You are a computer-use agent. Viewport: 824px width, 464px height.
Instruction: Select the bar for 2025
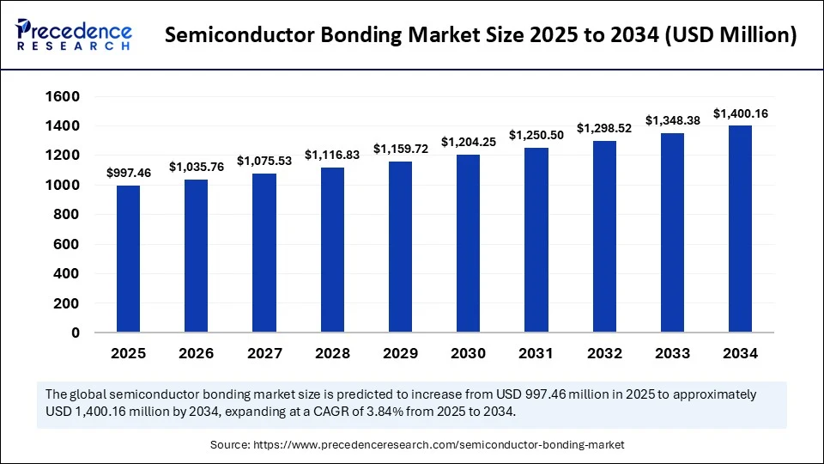(128, 259)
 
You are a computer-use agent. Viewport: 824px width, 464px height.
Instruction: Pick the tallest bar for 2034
(740, 229)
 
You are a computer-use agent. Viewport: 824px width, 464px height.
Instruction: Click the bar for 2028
(332, 250)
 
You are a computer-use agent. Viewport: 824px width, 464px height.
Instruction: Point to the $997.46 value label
(128, 174)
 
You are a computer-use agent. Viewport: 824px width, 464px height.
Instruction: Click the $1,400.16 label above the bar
(741, 113)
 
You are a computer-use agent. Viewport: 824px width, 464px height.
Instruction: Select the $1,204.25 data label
(468, 142)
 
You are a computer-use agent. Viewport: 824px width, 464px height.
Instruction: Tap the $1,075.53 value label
(264, 161)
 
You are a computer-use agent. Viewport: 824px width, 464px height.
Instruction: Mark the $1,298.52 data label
(604, 128)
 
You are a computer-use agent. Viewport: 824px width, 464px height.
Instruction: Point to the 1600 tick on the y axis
(63, 97)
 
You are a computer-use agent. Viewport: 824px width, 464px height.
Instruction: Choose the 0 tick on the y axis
(76, 333)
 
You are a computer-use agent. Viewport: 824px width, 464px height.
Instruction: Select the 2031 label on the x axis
(536, 353)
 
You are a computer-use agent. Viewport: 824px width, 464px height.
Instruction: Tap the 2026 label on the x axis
(197, 353)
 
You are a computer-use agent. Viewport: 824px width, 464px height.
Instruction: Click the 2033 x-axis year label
(672, 353)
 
